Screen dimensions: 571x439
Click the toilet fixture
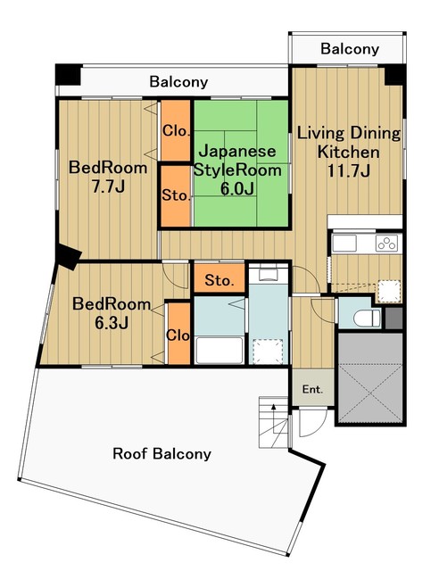pos(362,317)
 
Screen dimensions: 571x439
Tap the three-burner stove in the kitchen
pos(385,243)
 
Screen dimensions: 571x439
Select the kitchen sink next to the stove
pos(344,243)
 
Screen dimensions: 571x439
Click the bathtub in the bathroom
pos(219,350)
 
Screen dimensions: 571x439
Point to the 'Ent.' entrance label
pos(312,389)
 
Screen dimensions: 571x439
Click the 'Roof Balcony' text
pos(162,453)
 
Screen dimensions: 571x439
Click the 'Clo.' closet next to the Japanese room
pos(176,131)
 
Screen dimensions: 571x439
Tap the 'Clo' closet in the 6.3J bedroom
pos(177,335)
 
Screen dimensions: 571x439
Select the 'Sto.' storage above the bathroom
pos(219,280)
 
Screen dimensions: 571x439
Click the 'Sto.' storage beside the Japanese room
pos(176,195)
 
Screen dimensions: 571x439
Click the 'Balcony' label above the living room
pos(350,49)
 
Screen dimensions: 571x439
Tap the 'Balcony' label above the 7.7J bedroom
pos(178,82)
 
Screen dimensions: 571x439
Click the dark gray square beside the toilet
pos(394,317)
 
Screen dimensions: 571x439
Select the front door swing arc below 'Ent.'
pos(308,424)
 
